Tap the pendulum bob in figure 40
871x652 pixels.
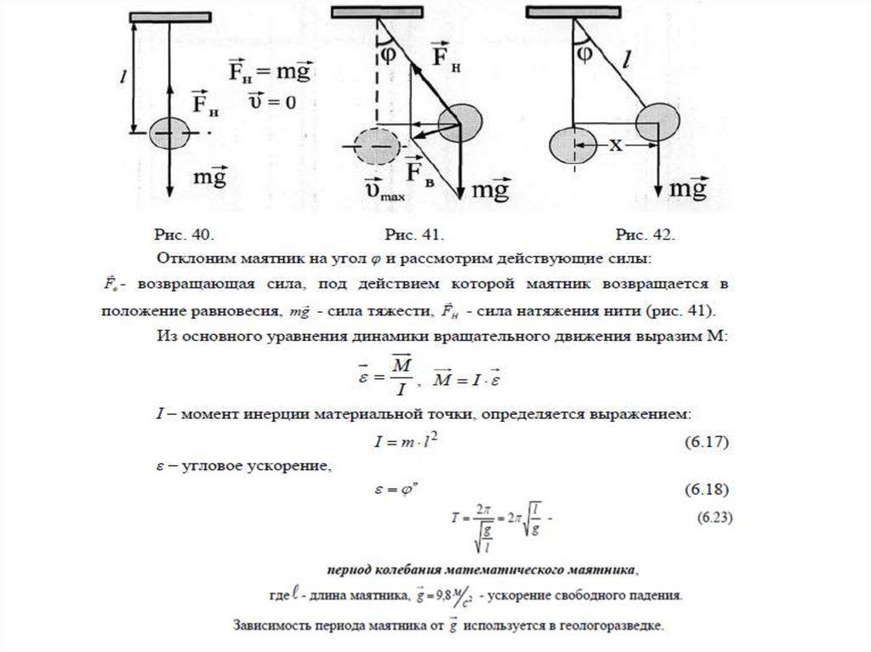(172, 133)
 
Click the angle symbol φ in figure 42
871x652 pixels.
(584, 53)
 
